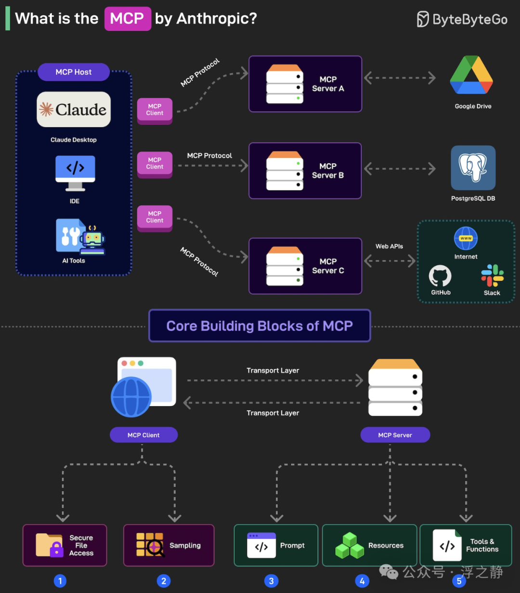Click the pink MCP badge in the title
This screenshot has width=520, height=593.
(128, 19)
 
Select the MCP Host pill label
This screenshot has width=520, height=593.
(74, 72)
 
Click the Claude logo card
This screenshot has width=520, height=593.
(74, 109)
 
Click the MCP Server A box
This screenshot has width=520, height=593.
(305, 84)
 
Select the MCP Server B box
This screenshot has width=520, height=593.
(305, 171)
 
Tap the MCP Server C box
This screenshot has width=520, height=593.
(305, 266)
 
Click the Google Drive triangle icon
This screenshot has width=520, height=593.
(471, 75)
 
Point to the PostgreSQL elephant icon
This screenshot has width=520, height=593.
(473, 168)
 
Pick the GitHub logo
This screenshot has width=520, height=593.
(440, 277)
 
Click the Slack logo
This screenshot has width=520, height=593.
(492, 276)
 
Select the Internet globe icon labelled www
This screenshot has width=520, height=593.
(466, 239)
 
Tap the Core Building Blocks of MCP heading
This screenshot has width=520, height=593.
(260, 326)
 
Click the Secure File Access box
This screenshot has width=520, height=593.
(65, 545)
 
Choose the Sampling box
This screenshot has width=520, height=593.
(169, 545)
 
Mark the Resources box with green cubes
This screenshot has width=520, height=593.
(369, 545)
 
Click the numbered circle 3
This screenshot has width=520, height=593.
(271, 581)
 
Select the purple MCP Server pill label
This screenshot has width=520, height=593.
(395, 435)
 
